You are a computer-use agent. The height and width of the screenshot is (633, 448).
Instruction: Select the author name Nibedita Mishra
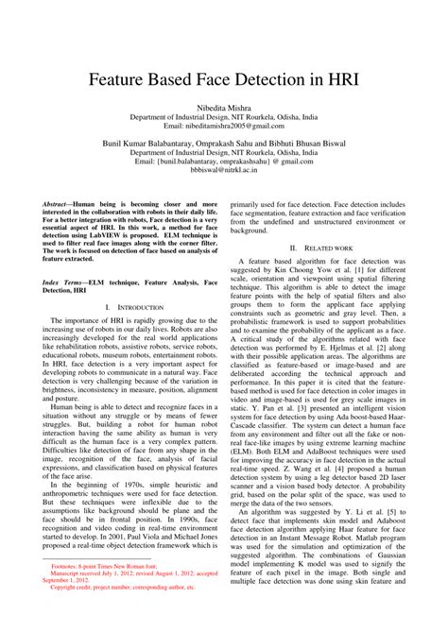(x=223, y=110)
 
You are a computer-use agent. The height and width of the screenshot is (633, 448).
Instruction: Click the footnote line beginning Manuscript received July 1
(x=132, y=600)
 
